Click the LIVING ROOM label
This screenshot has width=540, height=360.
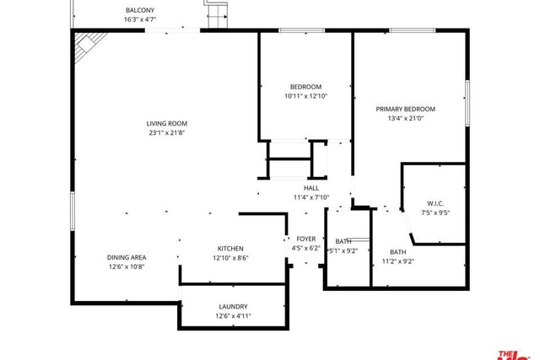[x=167, y=124]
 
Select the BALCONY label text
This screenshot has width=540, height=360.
[x=140, y=10]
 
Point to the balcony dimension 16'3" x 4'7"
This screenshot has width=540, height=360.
[x=140, y=19]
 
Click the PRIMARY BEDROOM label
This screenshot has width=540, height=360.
[x=405, y=109]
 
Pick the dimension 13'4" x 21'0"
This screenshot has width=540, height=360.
[x=405, y=118]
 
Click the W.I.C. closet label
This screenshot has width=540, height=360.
[x=435, y=203]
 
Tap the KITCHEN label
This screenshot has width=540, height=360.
[x=230, y=249]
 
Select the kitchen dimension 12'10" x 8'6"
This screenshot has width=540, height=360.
[x=230, y=258]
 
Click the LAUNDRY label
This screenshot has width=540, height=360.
[x=233, y=307]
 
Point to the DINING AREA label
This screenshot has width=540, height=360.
[x=127, y=257]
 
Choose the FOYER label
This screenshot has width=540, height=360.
[x=305, y=239]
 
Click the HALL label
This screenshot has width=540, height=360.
[x=311, y=188]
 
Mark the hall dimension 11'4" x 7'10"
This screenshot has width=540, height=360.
[x=311, y=197]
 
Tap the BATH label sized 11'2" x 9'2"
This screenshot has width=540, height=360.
[x=397, y=252]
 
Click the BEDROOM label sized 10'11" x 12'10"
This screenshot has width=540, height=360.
[x=305, y=87]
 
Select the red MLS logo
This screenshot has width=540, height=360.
[x=514, y=356]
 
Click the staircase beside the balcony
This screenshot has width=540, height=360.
[x=217, y=13]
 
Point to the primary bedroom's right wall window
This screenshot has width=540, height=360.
[x=467, y=103]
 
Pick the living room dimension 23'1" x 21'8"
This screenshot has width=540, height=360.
[x=167, y=133]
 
